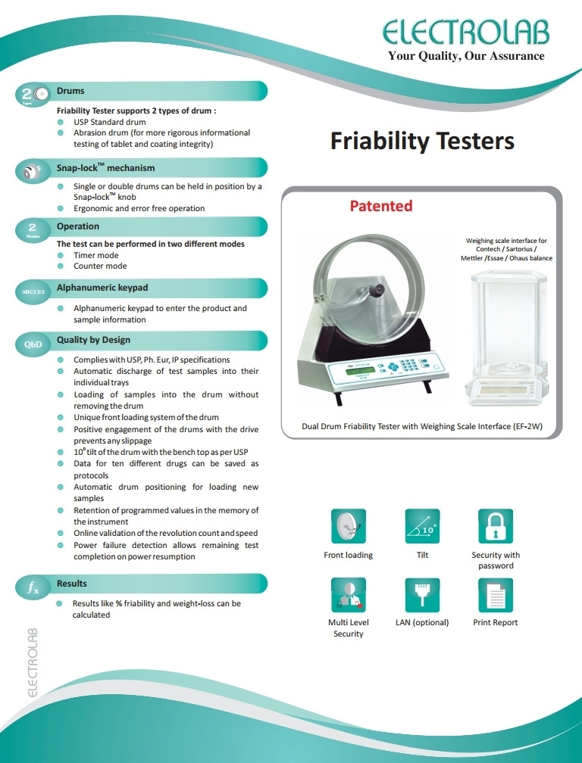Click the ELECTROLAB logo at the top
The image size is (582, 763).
click(466, 33)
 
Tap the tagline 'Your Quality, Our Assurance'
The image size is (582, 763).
click(466, 56)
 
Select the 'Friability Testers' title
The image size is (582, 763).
click(422, 142)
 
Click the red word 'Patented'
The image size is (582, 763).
click(380, 206)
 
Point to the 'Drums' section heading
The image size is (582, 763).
click(70, 91)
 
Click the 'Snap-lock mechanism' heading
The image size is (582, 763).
click(105, 168)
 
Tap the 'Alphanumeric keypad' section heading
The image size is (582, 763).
click(102, 288)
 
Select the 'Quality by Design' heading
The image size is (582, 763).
click(93, 340)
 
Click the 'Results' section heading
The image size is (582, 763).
click(72, 584)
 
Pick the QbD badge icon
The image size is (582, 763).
click(33, 344)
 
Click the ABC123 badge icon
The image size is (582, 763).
click(33, 291)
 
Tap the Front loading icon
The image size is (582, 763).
click(349, 525)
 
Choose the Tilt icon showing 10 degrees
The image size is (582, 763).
click(422, 525)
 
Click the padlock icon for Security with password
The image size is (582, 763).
click(496, 525)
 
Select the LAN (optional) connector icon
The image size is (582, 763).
click(422, 595)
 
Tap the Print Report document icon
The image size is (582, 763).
click(496, 595)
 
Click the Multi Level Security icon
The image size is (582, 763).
click(349, 595)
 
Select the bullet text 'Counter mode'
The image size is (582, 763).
click(100, 266)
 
